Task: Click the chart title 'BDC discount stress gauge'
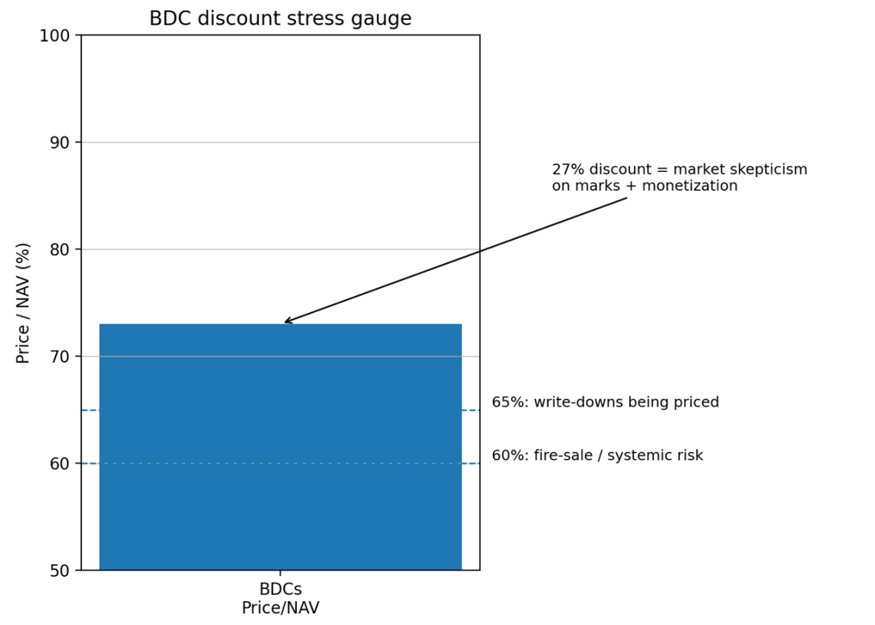[x=280, y=18]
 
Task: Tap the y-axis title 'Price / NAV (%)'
[x=24, y=303]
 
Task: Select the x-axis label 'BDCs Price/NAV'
[x=280, y=599]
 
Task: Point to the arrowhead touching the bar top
[x=286, y=322]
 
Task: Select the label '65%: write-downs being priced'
[x=605, y=403]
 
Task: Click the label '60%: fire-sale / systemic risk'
[x=597, y=456]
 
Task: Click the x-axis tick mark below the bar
[x=280, y=574]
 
